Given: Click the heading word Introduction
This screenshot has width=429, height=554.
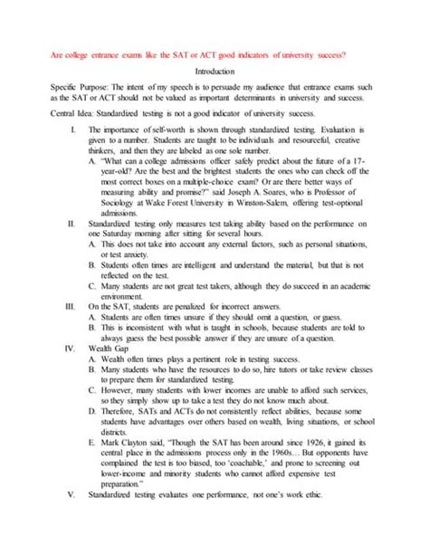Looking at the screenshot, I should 214,71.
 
